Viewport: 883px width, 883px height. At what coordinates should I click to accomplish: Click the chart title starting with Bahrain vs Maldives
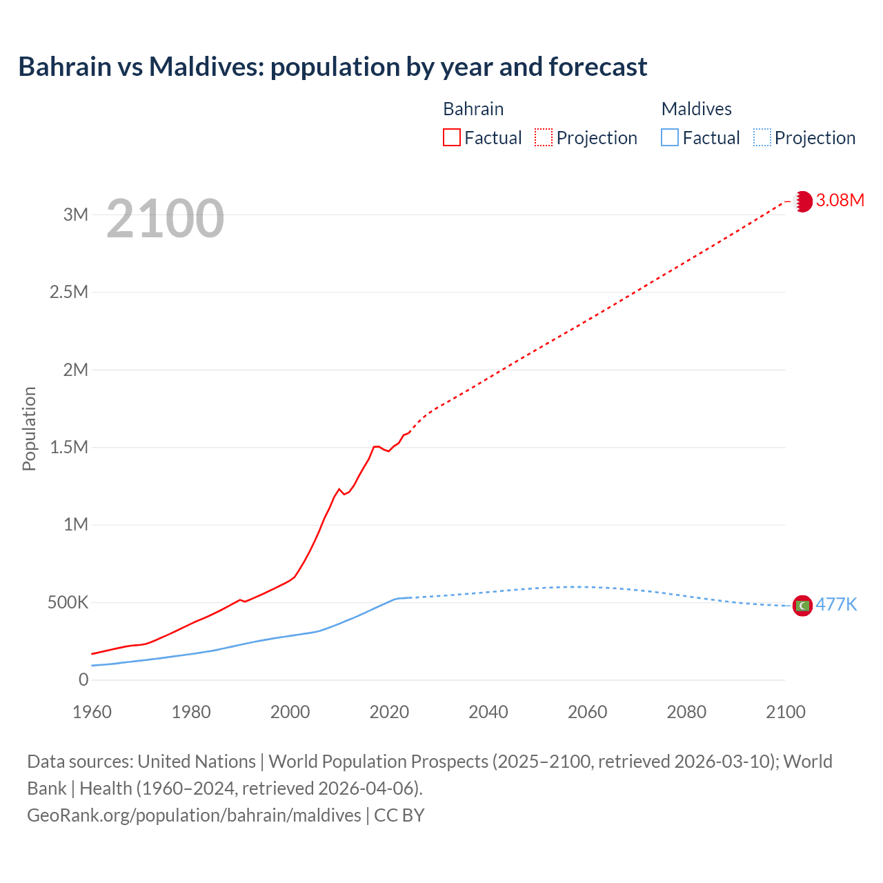(333, 67)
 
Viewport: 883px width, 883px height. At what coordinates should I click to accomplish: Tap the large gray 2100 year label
(165, 219)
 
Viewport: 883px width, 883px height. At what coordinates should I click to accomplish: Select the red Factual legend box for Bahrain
(452, 138)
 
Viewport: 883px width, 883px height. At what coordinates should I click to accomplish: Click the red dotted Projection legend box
(544, 138)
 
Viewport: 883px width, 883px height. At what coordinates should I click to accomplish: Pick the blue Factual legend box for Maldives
(670, 138)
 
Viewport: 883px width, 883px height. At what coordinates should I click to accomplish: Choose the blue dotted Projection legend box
(762, 138)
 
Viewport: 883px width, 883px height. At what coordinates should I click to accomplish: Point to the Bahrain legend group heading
(473, 109)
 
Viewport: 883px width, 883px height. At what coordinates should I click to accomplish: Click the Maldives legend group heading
(696, 109)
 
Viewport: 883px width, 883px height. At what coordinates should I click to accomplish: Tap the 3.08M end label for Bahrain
(840, 201)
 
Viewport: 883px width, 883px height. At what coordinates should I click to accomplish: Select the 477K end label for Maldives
(836, 605)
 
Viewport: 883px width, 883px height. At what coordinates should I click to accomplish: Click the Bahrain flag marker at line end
(802, 201)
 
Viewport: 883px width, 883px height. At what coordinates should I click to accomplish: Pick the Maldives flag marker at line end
(802, 606)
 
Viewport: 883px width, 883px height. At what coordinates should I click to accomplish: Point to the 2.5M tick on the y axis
(69, 292)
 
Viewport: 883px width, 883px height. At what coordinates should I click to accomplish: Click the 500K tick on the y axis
(68, 603)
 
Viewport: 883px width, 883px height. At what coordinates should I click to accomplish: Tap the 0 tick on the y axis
(83, 680)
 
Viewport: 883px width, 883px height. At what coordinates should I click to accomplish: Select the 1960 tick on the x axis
(92, 712)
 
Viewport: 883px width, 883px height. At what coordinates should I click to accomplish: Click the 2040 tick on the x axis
(488, 712)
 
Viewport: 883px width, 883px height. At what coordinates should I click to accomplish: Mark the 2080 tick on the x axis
(686, 712)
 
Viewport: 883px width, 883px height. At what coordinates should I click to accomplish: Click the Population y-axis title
(29, 428)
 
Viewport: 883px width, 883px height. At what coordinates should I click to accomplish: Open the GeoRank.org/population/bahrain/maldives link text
(194, 815)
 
